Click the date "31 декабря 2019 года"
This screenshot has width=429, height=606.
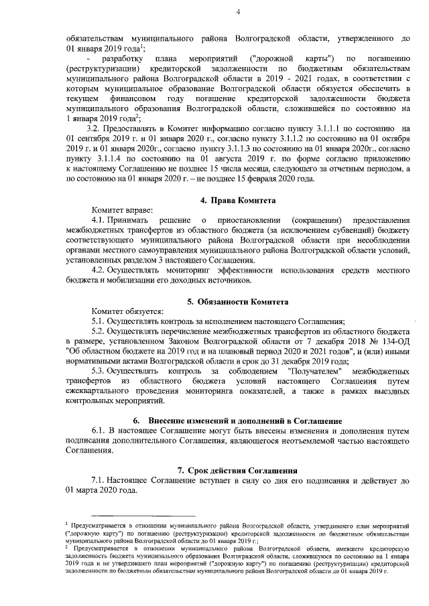click(x=309, y=360)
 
